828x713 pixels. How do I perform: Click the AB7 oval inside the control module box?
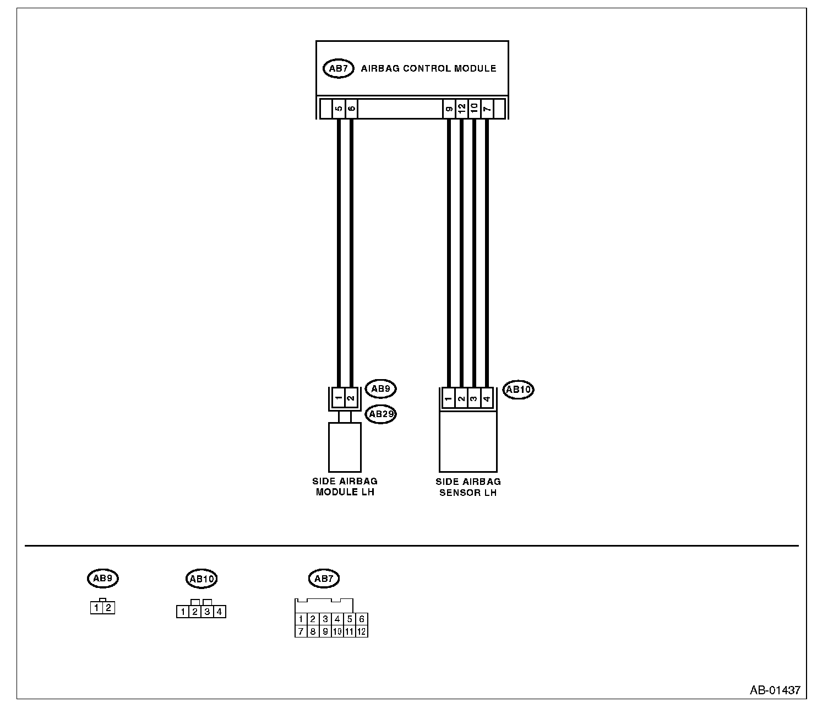coord(338,69)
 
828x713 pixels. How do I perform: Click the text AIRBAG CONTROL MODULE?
coord(428,69)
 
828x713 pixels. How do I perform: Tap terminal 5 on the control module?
coord(339,109)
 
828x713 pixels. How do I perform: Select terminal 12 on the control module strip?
coord(461,109)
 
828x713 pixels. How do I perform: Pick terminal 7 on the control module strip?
coord(487,109)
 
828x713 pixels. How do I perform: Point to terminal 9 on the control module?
coord(449,109)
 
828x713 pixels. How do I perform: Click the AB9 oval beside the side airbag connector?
coord(380,388)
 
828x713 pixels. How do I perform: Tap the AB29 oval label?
coord(381,414)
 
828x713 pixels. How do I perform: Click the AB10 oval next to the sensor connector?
coord(519,390)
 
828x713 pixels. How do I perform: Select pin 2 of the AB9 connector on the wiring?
coord(351,397)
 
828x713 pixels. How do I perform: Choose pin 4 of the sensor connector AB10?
coord(486,398)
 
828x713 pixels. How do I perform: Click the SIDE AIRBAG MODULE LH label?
coord(345,487)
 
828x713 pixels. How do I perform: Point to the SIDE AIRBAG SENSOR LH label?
coord(468,487)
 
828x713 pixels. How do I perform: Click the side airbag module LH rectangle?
coord(345,447)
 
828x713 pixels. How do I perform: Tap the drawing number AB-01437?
coord(775,690)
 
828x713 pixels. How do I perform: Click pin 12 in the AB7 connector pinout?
coord(361,631)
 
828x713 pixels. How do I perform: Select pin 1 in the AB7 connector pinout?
coord(301,619)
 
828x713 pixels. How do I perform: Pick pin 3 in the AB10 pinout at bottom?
coord(207,611)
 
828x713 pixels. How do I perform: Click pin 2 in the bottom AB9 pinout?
coord(108,608)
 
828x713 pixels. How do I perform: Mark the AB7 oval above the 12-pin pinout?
coord(324,579)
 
